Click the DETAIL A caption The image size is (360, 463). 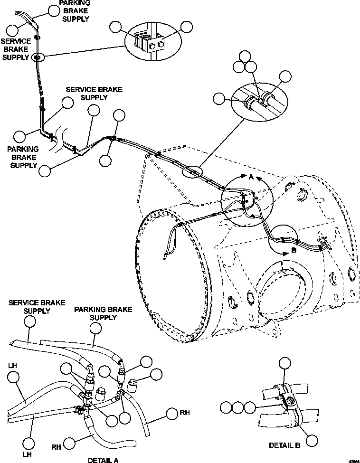(103, 460)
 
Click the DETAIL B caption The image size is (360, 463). (284, 445)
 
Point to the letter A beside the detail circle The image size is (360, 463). (251, 177)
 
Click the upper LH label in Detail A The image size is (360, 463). (13, 367)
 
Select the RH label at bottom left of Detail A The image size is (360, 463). (56, 446)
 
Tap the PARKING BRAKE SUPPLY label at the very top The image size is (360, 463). (74, 10)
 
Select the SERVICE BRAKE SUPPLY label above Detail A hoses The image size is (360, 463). (30, 306)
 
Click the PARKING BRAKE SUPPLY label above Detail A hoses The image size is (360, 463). (96, 313)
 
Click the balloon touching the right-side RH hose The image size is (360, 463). (171, 414)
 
